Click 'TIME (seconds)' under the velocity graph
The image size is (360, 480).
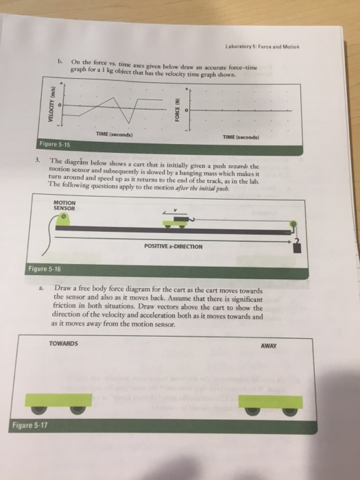[114, 134]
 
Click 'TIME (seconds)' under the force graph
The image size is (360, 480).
[241, 137]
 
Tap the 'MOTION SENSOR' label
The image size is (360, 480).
[66, 204]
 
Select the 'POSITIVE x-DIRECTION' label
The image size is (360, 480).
[175, 245]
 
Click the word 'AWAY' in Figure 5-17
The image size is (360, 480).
[268, 346]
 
